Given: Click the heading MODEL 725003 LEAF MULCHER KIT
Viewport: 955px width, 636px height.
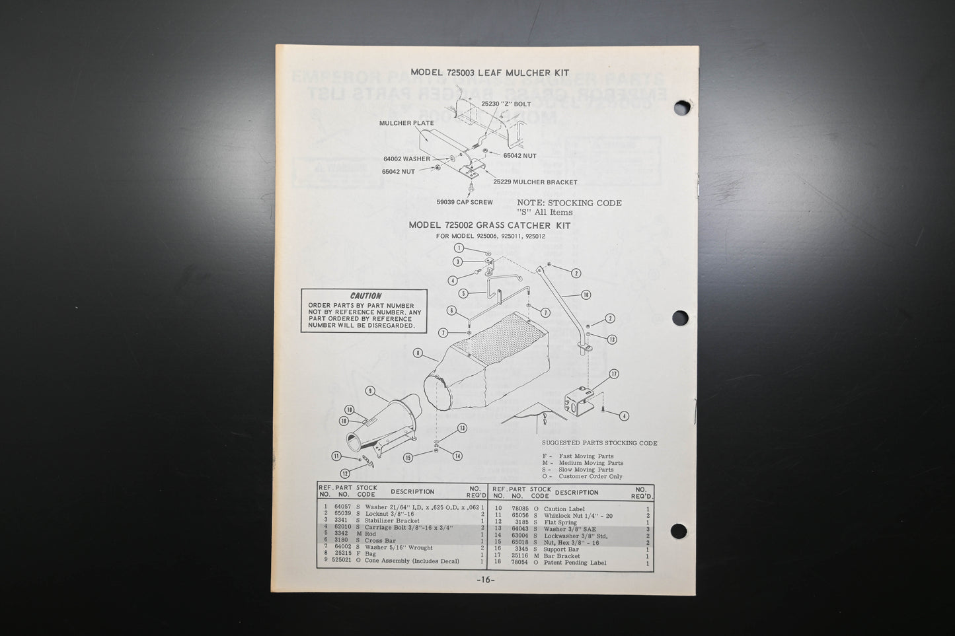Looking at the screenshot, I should click(489, 73).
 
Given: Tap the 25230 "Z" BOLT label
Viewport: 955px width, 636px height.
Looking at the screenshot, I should click(506, 104).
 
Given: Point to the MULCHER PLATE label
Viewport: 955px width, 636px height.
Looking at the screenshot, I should click(406, 124).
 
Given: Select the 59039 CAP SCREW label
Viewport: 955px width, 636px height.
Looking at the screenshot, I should click(464, 202).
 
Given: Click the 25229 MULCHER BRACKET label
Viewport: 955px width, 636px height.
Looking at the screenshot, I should click(535, 182).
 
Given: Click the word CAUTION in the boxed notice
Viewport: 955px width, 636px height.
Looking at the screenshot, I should click(365, 296).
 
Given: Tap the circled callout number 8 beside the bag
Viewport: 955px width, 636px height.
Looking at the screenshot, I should click(418, 353).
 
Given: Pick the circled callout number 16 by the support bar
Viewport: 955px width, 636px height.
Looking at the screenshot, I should click(586, 295).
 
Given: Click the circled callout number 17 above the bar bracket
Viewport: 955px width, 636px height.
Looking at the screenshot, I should click(613, 374).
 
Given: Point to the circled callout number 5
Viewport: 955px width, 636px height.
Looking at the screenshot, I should click(464, 293).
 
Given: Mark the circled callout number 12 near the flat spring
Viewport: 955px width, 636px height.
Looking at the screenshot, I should click(344, 474).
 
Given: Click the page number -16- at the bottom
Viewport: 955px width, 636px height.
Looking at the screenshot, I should click(486, 580).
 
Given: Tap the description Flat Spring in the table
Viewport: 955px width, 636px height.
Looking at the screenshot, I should click(560, 522).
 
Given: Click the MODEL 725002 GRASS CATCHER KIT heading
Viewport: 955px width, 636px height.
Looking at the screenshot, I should click(489, 225).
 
